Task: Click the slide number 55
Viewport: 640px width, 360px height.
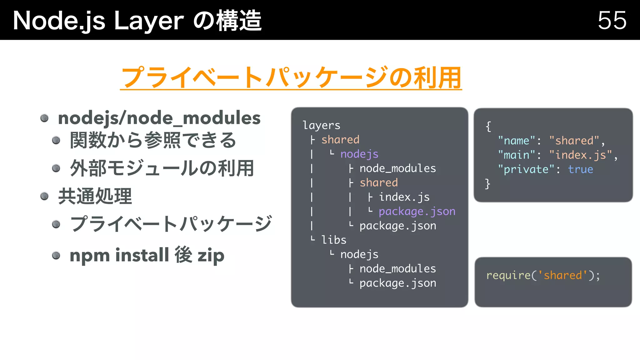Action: (x=612, y=20)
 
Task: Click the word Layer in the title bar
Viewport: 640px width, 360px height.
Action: (x=149, y=21)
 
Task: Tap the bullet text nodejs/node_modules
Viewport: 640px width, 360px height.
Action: (x=159, y=118)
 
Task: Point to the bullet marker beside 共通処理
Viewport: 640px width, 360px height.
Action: (x=44, y=196)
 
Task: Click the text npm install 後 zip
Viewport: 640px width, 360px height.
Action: (x=147, y=255)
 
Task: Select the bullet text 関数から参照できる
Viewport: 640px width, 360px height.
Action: (x=153, y=140)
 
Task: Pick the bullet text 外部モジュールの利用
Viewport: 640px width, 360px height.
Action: (x=162, y=168)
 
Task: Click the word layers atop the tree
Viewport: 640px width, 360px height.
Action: (x=321, y=125)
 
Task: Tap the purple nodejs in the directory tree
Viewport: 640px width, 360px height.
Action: (x=359, y=154)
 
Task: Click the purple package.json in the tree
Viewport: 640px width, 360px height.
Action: (x=417, y=211)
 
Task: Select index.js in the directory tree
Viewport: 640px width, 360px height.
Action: (x=404, y=197)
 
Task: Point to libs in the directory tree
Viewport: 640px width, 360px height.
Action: (x=334, y=240)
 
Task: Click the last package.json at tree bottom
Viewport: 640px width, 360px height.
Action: (x=397, y=283)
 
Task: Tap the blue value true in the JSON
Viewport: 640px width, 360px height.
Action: (x=580, y=169)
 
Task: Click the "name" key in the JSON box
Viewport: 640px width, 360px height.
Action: (x=517, y=141)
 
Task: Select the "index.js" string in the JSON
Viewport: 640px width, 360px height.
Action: (x=580, y=155)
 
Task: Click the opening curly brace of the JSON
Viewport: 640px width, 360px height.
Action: (x=488, y=126)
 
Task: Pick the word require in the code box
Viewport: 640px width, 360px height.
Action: (x=508, y=275)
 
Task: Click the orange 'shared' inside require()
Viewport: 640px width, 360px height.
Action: (x=563, y=275)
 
